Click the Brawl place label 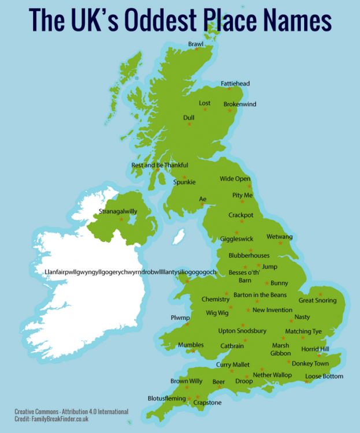pos(196,44)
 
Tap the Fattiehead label pos(235,84)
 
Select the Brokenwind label pos(240,104)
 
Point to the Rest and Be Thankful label pos(159,165)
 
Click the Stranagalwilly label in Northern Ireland pos(118,211)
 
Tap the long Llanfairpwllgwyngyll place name pos(131,272)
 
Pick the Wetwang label pos(280,237)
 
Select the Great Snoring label pos(317,300)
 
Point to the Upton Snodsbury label pos(242,331)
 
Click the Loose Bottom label pos(324,376)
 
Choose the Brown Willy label pos(186,381)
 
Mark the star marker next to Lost pos(205,109)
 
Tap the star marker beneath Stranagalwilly pos(121,219)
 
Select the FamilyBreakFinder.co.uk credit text pos(51,419)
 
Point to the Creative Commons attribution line pos(71,412)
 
